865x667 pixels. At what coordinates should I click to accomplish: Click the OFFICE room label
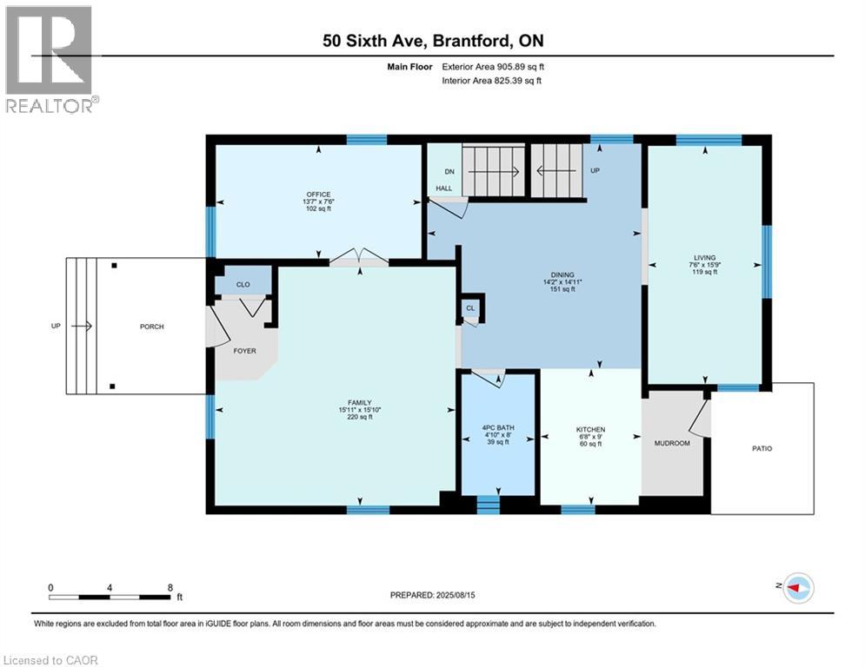tap(318, 194)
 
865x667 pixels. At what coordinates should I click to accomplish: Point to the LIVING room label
tap(704, 257)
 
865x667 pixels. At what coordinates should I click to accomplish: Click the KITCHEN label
tap(590, 429)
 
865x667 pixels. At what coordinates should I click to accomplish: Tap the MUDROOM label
tap(671, 443)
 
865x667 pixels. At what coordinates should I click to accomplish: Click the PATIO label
tap(762, 448)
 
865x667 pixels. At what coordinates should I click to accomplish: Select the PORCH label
tap(151, 327)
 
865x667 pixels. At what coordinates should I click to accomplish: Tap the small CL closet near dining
tap(470, 307)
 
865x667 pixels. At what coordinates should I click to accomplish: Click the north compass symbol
tap(797, 588)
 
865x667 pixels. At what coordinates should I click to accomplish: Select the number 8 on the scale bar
tap(170, 587)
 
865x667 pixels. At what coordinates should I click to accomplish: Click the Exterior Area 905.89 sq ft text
tap(494, 66)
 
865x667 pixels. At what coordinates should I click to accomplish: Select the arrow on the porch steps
tap(83, 327)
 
